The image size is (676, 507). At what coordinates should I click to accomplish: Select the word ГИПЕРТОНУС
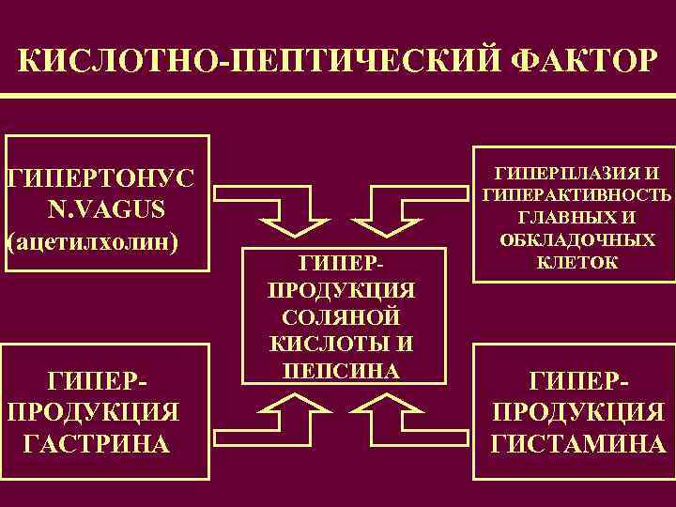coord(100,177)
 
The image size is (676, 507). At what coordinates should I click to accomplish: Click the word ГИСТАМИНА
coord(577,442)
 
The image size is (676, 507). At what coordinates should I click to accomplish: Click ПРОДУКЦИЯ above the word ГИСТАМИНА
coord(577,412)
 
